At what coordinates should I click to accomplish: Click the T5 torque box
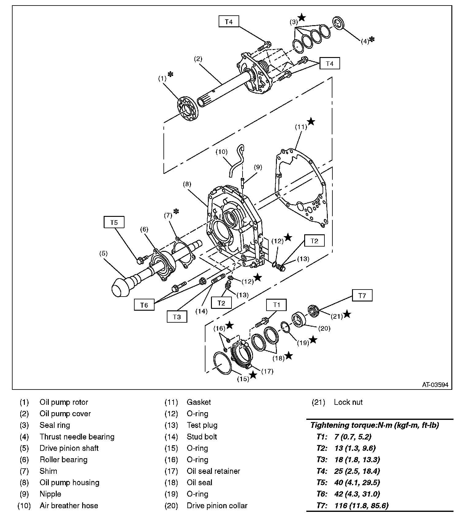pyautogui.click(x=114, y=222)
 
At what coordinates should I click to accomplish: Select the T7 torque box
pyautogui.click(x=362, y=296)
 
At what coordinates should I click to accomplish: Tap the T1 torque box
pyautogui.click(x=276, y=305)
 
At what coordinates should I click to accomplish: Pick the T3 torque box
pyautogui.click(x=177, y=317)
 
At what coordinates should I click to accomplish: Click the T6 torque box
pyautogui.click(x=144, y=305)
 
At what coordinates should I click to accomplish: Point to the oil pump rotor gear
pyautogui.click(x=188, y=109)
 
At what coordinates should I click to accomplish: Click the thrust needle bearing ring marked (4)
pyautogui.click(x=339, y=24)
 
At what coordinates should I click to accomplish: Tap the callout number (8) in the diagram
pyautogui.click(x=187, y=184)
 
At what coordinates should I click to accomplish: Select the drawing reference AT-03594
pyautogui.click(x=435, y=385)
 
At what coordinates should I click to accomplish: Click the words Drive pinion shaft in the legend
pyautogui.click(x=69, y=448)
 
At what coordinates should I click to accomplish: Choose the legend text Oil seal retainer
pyautogui.click(x=213, y=471)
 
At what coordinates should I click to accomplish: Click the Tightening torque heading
pyautogui.click(x=375, y=425)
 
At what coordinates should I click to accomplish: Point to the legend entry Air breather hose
pyautogui.click(x=69, y=505)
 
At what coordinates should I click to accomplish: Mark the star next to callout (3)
pyautogui.click(x=302, y=17)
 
